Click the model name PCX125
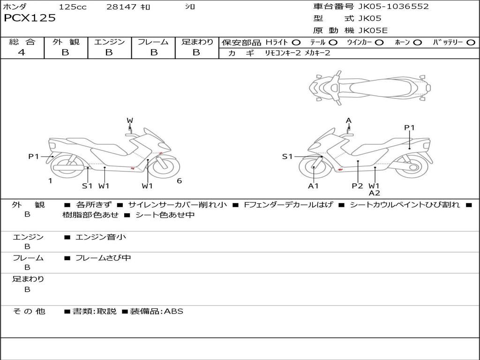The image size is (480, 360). point(30,18)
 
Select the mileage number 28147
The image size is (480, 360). point(122,7)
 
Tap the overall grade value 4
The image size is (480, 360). point(22,52)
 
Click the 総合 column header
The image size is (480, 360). point(22,42)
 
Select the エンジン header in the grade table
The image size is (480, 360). point(109,42)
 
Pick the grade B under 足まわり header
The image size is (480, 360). point(196,52)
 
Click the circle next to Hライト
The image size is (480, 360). point(296,42)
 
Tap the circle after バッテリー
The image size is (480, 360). point(471,42)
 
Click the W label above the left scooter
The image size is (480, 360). point(130,121)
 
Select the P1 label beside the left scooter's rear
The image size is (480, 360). point(34,157)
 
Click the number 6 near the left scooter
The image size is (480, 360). point(179,181)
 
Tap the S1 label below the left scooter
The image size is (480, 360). point(87,186)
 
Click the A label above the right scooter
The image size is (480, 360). point(349,121)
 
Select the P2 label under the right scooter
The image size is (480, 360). point(358,186)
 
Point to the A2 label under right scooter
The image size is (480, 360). point(374,193)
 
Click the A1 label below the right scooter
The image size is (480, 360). point(313,186)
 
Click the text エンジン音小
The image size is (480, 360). point(101,237)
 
